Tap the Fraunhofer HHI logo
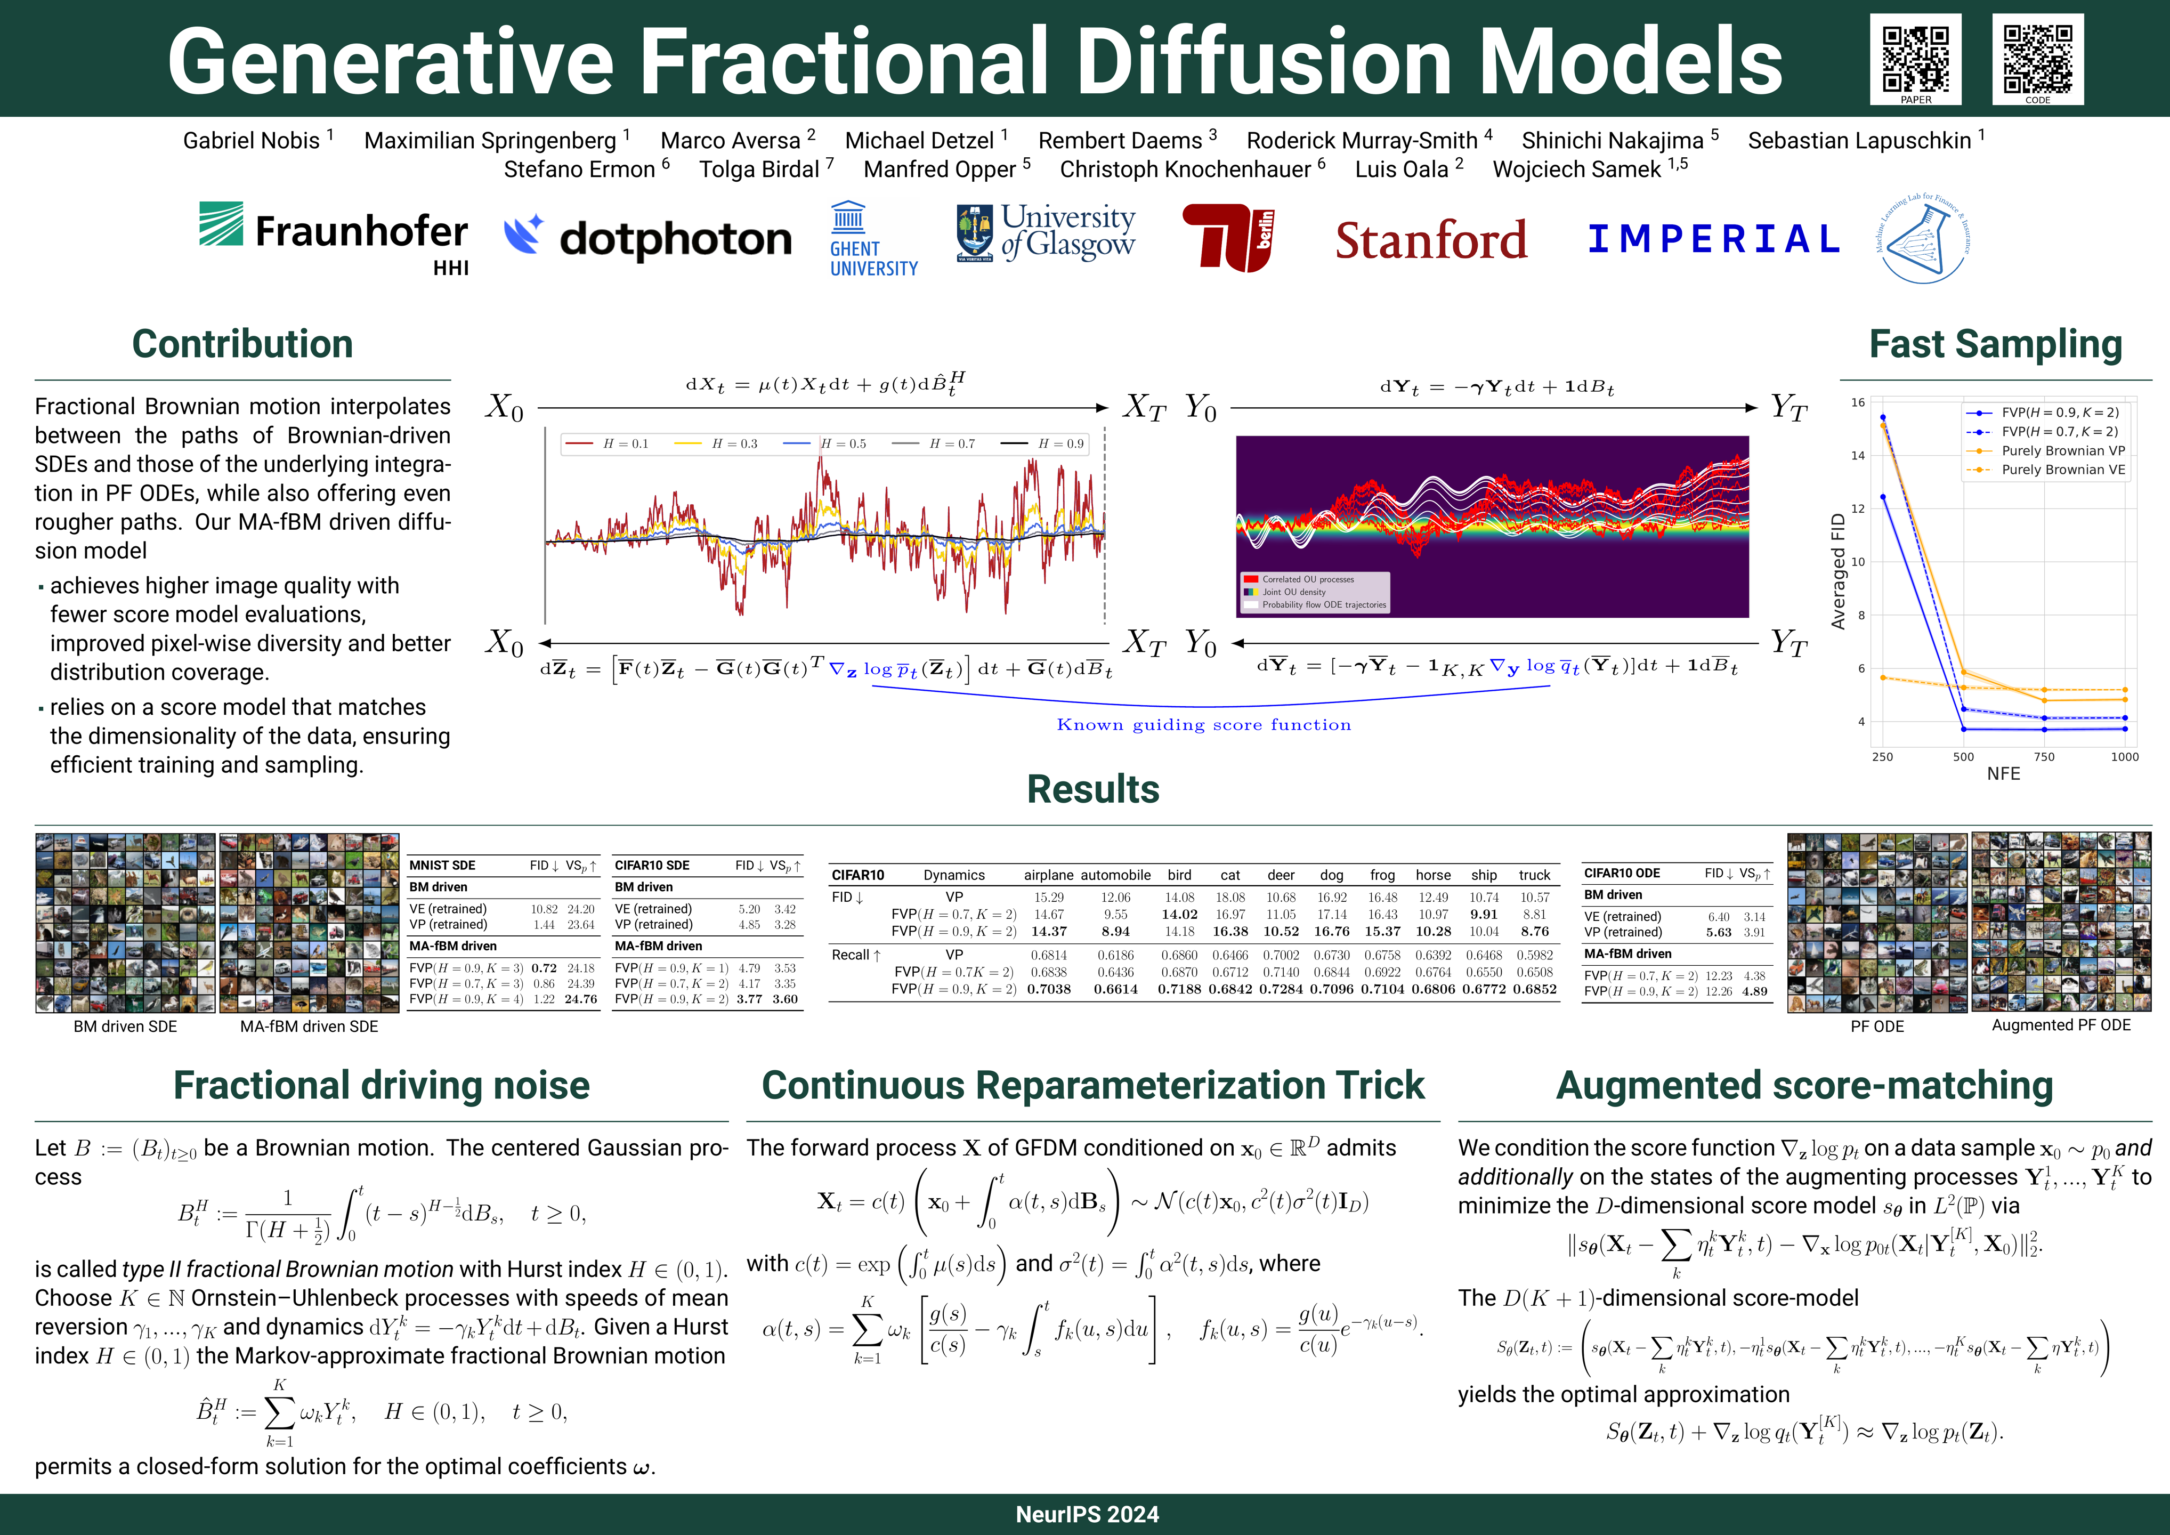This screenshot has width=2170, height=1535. pos(334,236)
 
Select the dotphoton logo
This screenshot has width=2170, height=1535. pos(647,238)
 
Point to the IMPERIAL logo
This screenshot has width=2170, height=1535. pos(1713,239)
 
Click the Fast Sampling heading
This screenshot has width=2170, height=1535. pos(1995,344)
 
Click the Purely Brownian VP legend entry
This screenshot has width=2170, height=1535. pos(2062,451)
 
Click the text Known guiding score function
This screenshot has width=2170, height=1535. pos(1203,725)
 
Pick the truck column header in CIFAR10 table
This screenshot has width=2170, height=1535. pos(1534,875)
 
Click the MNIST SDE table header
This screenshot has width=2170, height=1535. pos(442,865)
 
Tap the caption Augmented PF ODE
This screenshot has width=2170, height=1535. pos(2060,1025)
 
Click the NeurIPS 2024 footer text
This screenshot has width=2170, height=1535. pos(1087,1514)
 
